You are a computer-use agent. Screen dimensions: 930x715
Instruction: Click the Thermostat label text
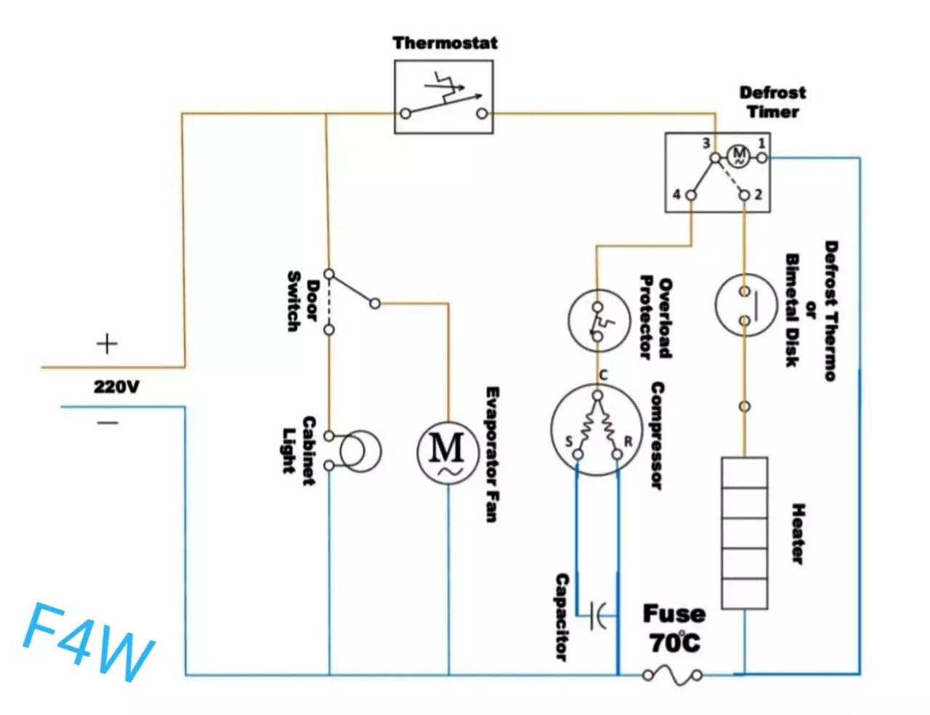click(445, 43)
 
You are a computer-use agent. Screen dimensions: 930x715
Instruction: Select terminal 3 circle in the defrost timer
click(716, 158)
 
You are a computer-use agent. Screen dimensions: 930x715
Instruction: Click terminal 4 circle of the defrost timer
click(691, 195)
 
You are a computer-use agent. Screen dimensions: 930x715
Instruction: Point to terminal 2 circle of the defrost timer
click(745, 195)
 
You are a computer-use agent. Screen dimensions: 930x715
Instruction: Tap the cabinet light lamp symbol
click(360, 451)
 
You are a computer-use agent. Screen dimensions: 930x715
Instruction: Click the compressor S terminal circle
click(578, 454)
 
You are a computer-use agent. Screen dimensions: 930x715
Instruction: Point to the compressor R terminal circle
click(617, 454)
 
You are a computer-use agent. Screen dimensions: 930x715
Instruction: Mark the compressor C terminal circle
click(598, 395)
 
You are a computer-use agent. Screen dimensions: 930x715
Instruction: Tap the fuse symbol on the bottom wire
click(672, 676)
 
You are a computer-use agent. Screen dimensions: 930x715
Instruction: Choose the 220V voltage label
click(116, 387)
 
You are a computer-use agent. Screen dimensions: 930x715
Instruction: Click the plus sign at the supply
click(107, 344)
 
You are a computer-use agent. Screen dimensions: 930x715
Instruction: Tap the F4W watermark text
click(89, 642)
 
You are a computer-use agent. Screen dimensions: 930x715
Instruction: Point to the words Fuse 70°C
click(674, 629)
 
